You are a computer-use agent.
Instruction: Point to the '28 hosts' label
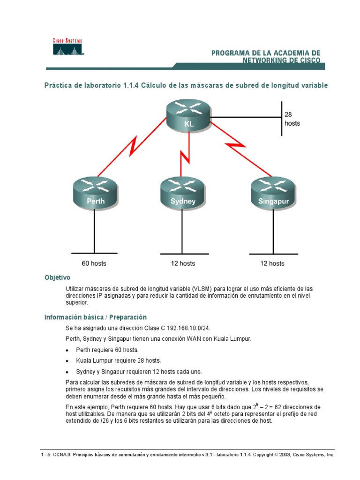click(292, 119)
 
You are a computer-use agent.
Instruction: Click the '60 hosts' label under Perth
click(94, 263)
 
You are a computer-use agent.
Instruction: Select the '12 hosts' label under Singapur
click(272, 263)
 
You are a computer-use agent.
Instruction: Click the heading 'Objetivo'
click(57, 277)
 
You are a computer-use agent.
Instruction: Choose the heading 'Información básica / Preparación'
click(96, 317)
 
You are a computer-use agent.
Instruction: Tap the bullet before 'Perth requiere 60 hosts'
click(70, 350)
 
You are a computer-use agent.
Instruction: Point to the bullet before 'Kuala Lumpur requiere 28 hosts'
click(70, 361)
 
